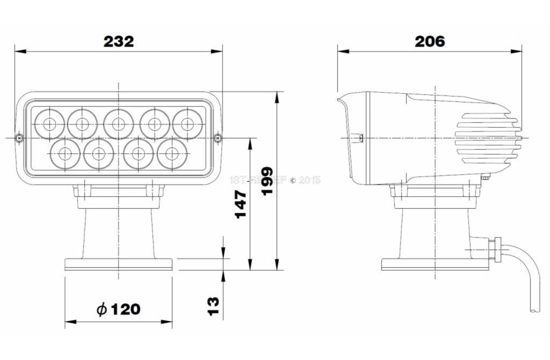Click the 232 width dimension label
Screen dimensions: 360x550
pyautogui.click(x=118, y=41)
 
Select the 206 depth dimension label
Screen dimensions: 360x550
pyautogui.click(x=429, y=41)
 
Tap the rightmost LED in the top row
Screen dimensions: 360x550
pyautogui.click(x=187, y=122)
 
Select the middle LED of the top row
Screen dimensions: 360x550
pyautogui.click(x=118, y=122)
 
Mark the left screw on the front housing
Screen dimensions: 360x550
pyautogui.click(x=19, y=137)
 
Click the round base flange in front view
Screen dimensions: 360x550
pyautogui.click(x=118, y=263)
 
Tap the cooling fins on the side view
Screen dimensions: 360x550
pyautogui.click(x=487, y=137)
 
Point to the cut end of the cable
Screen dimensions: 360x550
pyautogui.click(x=534, y=310)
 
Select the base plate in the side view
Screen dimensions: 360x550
pyautogui.click(x=434, y=263)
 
